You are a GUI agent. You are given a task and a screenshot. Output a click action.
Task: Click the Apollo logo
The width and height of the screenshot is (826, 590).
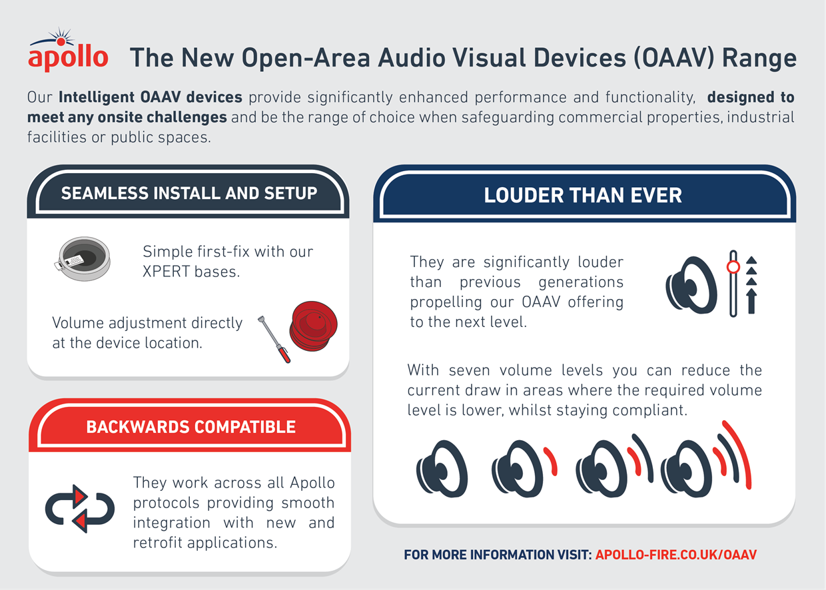coord(68,49)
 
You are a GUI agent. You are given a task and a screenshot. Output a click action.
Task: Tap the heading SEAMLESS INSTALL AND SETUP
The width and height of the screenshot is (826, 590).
coord(189,193)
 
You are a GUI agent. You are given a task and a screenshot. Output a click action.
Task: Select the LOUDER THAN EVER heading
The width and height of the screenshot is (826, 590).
coord(583,195)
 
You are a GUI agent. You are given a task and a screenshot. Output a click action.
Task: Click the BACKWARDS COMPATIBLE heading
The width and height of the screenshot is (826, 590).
coord(191,427)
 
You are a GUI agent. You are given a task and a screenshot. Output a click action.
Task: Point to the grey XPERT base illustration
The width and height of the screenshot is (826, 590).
coord(82,258)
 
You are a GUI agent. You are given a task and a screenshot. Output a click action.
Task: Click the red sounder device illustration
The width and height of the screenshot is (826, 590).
coord(313,326)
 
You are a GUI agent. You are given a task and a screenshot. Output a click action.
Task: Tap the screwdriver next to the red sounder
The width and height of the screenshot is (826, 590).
coord(274,339)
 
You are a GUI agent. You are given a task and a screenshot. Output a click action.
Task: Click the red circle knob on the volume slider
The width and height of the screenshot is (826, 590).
coord(733,267)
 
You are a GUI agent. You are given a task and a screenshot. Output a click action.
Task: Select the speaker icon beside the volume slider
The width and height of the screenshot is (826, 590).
coord(691,285)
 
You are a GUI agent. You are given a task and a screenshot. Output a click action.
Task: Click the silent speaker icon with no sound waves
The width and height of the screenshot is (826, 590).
coord(442,468)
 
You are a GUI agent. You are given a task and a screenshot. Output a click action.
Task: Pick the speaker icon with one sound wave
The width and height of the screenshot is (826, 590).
coord(524,468)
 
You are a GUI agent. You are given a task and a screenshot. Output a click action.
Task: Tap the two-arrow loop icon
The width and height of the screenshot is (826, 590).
coord(80,509)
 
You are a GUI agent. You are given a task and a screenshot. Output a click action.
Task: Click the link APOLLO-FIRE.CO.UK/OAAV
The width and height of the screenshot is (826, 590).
coord(676,555)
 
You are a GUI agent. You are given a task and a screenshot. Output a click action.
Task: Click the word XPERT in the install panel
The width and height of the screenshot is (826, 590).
coord(166,272)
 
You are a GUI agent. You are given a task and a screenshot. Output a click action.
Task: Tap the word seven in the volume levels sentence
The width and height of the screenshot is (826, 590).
coord(469,370)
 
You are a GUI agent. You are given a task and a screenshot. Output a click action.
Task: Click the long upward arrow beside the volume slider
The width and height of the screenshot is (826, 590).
coord(751,301)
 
